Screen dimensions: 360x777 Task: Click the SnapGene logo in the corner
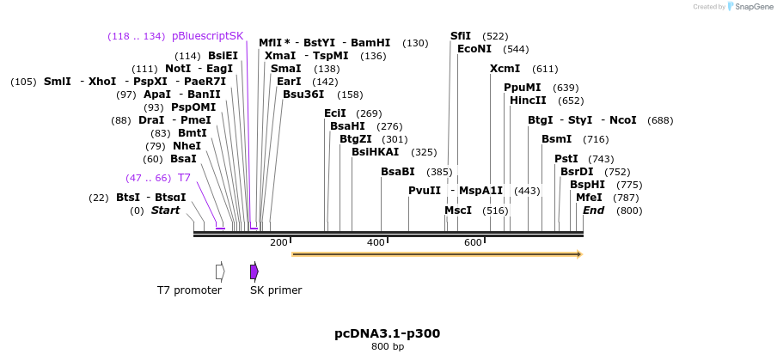[747, 7]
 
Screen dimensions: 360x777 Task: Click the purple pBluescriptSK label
[207, 36]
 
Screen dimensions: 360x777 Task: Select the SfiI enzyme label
[461, 36]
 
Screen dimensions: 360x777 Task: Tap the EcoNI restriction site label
[474, 49]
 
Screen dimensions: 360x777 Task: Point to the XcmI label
[505, 69]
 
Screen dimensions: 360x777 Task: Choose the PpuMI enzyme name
[522, 88]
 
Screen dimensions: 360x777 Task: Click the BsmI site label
[556, 139]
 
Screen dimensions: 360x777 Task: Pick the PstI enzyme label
[566, 159]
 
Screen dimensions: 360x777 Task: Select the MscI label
[457, 211]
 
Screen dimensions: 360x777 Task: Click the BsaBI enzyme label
[398, 172]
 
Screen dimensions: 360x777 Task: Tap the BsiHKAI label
[376, 152]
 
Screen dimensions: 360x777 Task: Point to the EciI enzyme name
[335, 113]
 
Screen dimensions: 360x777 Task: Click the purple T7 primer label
[184, 178]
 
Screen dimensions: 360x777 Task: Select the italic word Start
[166, 211]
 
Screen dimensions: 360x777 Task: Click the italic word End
[593, 211]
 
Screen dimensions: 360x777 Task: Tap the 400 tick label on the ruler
[376, 243]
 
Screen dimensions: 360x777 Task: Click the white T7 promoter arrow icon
[220, 272]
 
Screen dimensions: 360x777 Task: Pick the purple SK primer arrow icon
[254, 272]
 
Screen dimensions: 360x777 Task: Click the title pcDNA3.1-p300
[387, 333]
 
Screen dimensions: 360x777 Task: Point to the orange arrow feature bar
[437, 254]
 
